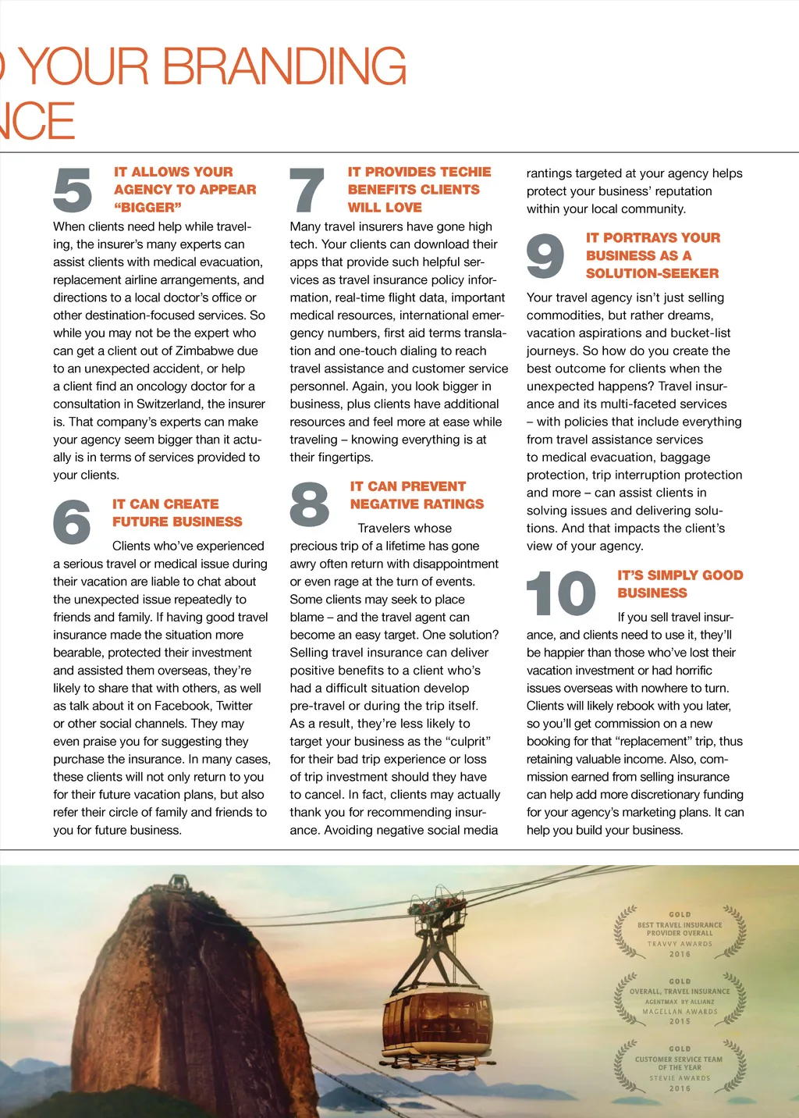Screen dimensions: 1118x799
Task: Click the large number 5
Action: click(73, 190)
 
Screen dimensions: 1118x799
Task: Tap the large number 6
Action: click(72, 522)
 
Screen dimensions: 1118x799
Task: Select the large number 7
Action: click(307, 190)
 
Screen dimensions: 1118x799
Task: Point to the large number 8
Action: click(309, 504)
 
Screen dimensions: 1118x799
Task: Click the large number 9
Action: click(545, 256)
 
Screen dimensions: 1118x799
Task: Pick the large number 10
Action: click(561, 593)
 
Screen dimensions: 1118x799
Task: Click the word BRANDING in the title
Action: click(284, 67)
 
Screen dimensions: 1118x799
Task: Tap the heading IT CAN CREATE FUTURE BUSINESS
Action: click(177, 513)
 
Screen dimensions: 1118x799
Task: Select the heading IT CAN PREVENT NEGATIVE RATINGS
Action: click(417, 495)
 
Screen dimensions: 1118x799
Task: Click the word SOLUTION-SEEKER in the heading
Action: click(652, 273)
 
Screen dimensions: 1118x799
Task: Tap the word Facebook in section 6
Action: click(183, 706)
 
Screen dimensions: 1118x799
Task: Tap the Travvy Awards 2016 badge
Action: click(680, 933)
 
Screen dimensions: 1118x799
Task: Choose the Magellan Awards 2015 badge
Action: click(680, 1000)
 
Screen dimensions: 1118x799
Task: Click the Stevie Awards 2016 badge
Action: click(680, 1067)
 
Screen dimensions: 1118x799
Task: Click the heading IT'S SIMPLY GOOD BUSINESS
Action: click(680, 584)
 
